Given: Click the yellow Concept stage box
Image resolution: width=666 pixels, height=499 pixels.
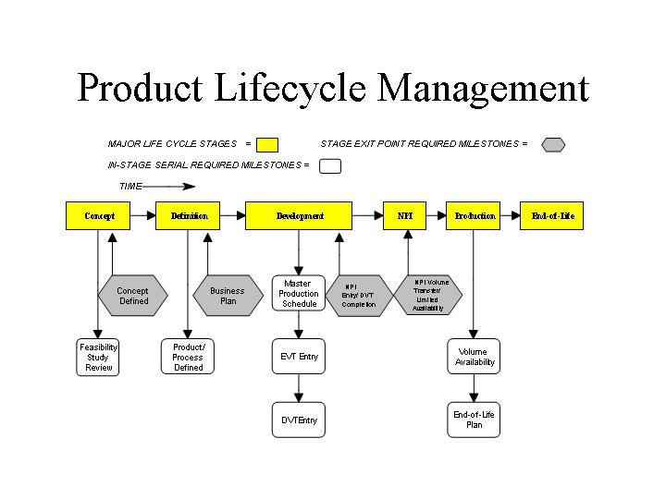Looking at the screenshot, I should click(x=100, y=216).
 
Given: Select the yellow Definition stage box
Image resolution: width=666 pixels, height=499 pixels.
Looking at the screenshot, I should click(x=189, y=216).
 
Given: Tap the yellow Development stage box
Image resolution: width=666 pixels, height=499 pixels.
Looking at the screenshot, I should click(x=299, y=216).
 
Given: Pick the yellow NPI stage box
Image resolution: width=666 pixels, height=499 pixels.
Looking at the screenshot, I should click(x=405, y=216).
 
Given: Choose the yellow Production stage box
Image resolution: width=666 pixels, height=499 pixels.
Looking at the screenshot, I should click(x=474, y=216).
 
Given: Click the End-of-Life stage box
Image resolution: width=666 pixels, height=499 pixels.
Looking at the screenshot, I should click(x=552, y=216).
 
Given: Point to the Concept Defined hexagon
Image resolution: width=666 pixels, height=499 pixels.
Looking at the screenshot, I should click(x=132, y=296).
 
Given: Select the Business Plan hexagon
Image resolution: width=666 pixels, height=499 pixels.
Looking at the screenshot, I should click(x=228, y=296).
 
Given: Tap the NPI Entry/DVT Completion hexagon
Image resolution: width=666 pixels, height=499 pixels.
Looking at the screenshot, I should click(x=359, y=296).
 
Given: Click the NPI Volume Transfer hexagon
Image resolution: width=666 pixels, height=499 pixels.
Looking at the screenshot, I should click(x=427, y=296).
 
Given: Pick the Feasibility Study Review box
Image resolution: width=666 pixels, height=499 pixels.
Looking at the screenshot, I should click(x=99, y=357).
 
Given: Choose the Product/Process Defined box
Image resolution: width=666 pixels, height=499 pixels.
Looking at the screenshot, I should click(x=188, y=357).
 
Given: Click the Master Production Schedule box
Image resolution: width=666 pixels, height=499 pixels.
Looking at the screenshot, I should click(x=299, y=293).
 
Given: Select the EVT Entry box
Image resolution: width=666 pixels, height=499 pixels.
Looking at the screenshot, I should click(x=299, y=357).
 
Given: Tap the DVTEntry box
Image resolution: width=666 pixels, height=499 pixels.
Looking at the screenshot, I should click(x=299, y=420).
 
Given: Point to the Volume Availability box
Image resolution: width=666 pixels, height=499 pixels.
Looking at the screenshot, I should click(x=475, y=357).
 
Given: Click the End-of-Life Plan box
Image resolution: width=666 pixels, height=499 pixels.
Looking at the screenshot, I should click(x=474, y=420).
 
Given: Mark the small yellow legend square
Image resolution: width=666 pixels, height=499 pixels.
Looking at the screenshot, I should click(x=267, y=144).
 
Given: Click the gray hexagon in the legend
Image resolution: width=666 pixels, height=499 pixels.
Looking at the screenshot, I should click(x=552, y=144).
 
